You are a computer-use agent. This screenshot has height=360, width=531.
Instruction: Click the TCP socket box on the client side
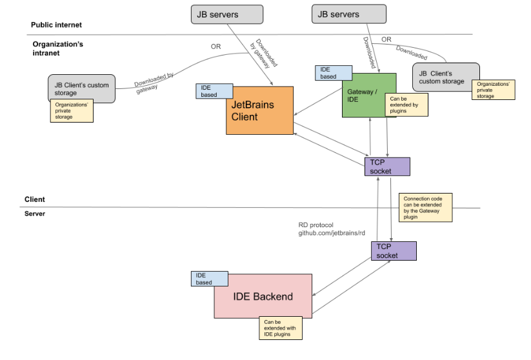(386, 166)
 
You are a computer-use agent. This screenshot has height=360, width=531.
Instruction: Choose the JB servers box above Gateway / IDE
(349, 14)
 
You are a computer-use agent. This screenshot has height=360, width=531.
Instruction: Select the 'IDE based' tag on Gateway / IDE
(333, 72)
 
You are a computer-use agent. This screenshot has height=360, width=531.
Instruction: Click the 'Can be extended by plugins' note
(406, 105)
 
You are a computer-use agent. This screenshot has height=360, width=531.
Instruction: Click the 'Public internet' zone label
(57, 25)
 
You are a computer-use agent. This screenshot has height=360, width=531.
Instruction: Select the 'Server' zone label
(35, 213)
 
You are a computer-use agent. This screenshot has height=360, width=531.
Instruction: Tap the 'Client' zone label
(35, 199)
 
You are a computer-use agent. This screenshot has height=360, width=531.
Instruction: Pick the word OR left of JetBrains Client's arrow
(216, 46)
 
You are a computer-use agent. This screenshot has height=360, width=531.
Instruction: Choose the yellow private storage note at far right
(494, 89)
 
